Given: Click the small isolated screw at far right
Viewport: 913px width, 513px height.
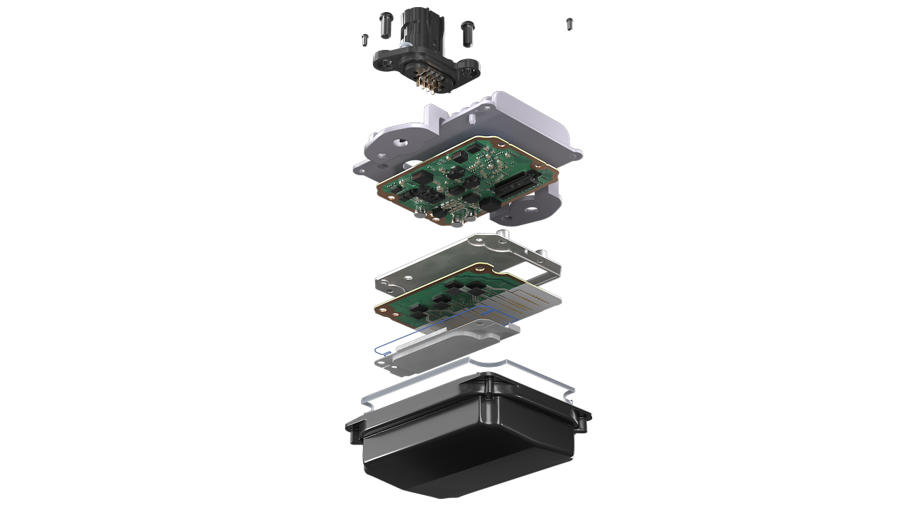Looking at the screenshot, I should [x=570, y=24].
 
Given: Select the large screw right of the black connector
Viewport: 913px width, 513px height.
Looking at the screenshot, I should [x=469, y=28].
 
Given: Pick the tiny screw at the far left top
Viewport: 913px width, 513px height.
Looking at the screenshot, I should [x=364, y=38].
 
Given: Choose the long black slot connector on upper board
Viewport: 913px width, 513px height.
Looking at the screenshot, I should [x=516, y=187].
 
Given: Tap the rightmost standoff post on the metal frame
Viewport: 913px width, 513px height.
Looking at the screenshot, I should [x=544, y=254].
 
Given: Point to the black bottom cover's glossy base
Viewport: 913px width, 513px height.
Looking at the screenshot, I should [x=464, y=456].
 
